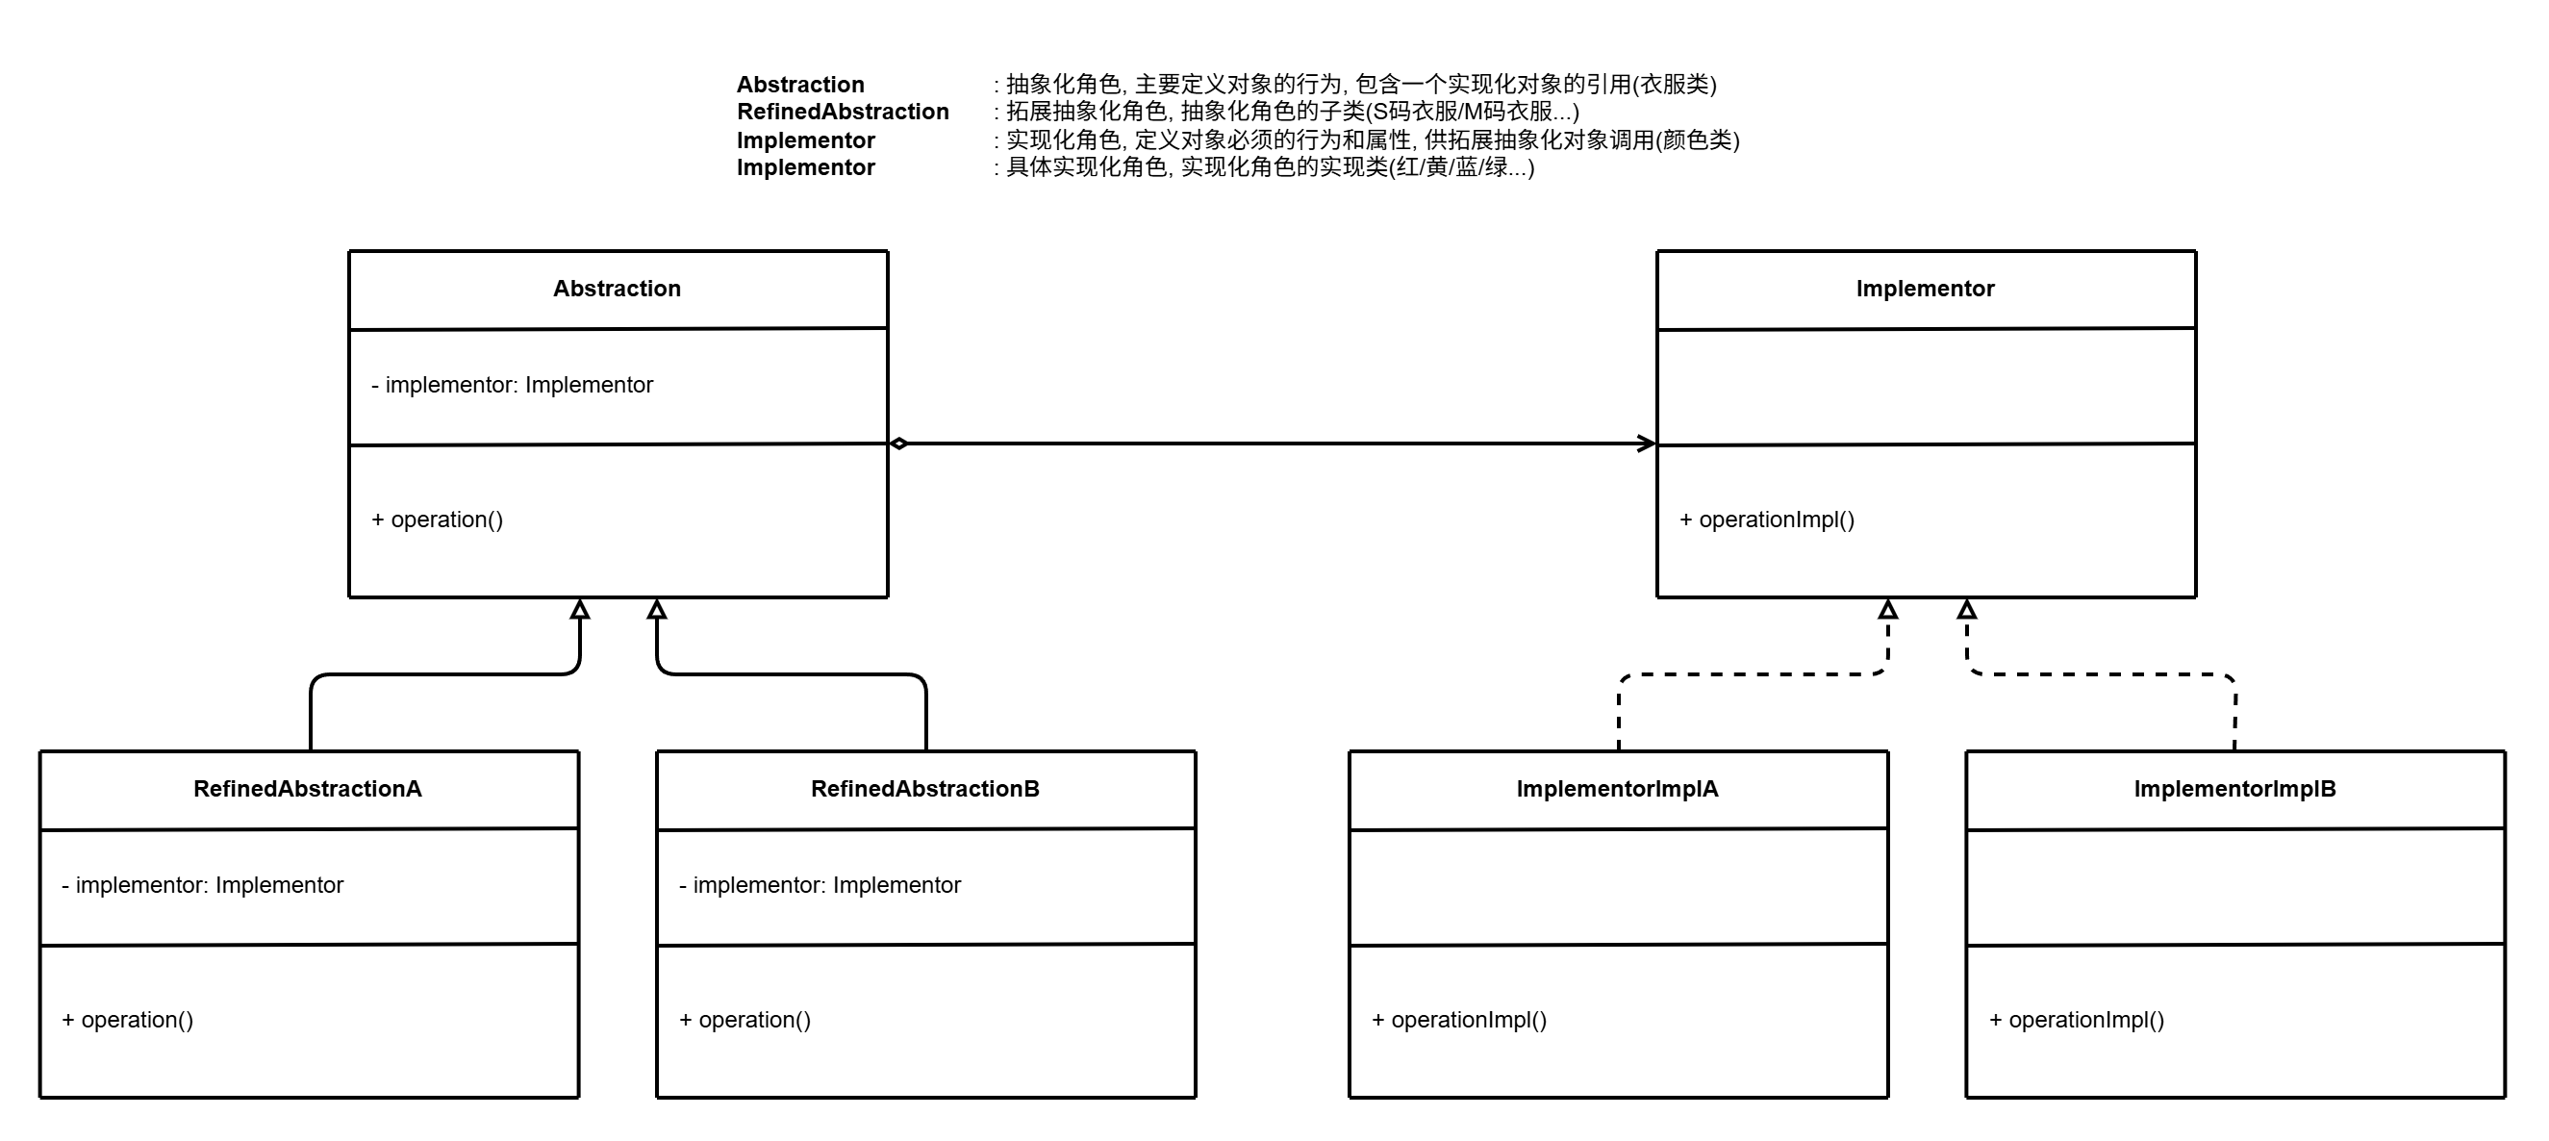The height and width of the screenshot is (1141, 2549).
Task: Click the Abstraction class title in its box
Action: click(617, 289)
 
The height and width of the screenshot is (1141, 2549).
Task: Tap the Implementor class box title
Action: click(1925, 289)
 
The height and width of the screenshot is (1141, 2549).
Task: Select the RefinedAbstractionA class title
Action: click(308, 789)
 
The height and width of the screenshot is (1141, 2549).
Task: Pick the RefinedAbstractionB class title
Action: click(925, 789)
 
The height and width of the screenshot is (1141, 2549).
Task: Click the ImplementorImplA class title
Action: click(1617, 789)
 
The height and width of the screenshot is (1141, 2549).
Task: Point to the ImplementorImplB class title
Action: click(2234, 789)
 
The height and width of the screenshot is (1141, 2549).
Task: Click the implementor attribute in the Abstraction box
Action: click(512, 385)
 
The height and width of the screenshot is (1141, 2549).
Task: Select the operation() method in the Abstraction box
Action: click(438, 520)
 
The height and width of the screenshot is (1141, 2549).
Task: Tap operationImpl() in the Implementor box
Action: click(1767, 520)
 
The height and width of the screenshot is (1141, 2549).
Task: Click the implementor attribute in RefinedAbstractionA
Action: click(202, 885)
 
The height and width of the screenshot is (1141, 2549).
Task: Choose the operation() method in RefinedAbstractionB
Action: click(745, 1019)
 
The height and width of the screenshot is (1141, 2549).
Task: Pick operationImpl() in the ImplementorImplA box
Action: click(1459, 1019)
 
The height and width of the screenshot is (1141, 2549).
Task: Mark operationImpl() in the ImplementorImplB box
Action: click(2077, 1019)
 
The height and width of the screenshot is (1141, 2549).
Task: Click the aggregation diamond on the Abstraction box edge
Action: click(898, 444)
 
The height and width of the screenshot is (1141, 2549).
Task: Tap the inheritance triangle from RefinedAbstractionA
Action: click(580, 610)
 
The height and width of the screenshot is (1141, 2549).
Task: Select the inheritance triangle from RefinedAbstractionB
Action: click(657, 610)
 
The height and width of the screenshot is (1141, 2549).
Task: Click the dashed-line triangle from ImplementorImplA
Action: click(1888, 610)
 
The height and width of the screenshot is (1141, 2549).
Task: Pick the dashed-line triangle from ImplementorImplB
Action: click(1967, 610)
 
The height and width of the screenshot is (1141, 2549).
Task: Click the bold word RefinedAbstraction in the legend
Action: click(842, 112)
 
